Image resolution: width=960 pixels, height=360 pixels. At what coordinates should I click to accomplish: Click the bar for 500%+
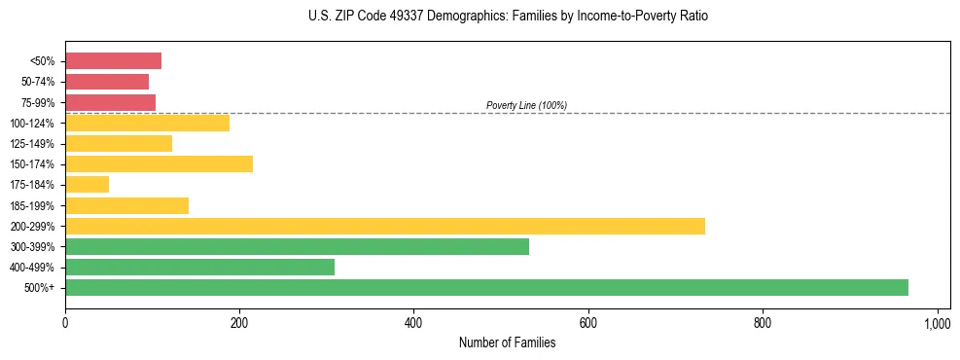coord(486,287)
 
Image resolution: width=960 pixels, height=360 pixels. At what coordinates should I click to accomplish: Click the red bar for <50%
coord(113,61)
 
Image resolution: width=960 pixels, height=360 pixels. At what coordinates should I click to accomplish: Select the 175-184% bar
coord(87,185)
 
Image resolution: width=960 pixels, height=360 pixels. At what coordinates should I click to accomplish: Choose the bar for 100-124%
coord(147,123)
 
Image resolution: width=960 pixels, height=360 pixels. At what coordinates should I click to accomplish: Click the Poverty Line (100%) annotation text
coord(526,105)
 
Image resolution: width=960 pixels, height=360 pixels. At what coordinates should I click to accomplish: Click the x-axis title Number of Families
coord(508,342)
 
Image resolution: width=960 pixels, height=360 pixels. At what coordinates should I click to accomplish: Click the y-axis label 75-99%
coord(37,102)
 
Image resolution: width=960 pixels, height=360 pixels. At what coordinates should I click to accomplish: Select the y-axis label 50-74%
coord(37,82)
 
